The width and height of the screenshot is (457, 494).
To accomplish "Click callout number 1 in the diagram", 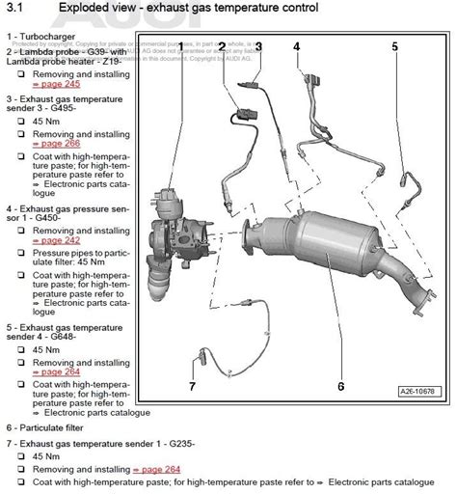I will [179, 46].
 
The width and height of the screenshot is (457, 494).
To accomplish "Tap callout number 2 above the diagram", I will [222, 46].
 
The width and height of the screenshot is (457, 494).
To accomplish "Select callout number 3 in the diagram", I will [258, 46].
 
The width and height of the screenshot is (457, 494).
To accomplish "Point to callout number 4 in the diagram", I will [296, 46].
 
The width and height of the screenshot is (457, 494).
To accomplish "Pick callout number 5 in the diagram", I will [394, 46].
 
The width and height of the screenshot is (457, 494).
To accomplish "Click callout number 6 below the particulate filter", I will [340, 387].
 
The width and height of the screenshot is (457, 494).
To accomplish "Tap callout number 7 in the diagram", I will [192, 387].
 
